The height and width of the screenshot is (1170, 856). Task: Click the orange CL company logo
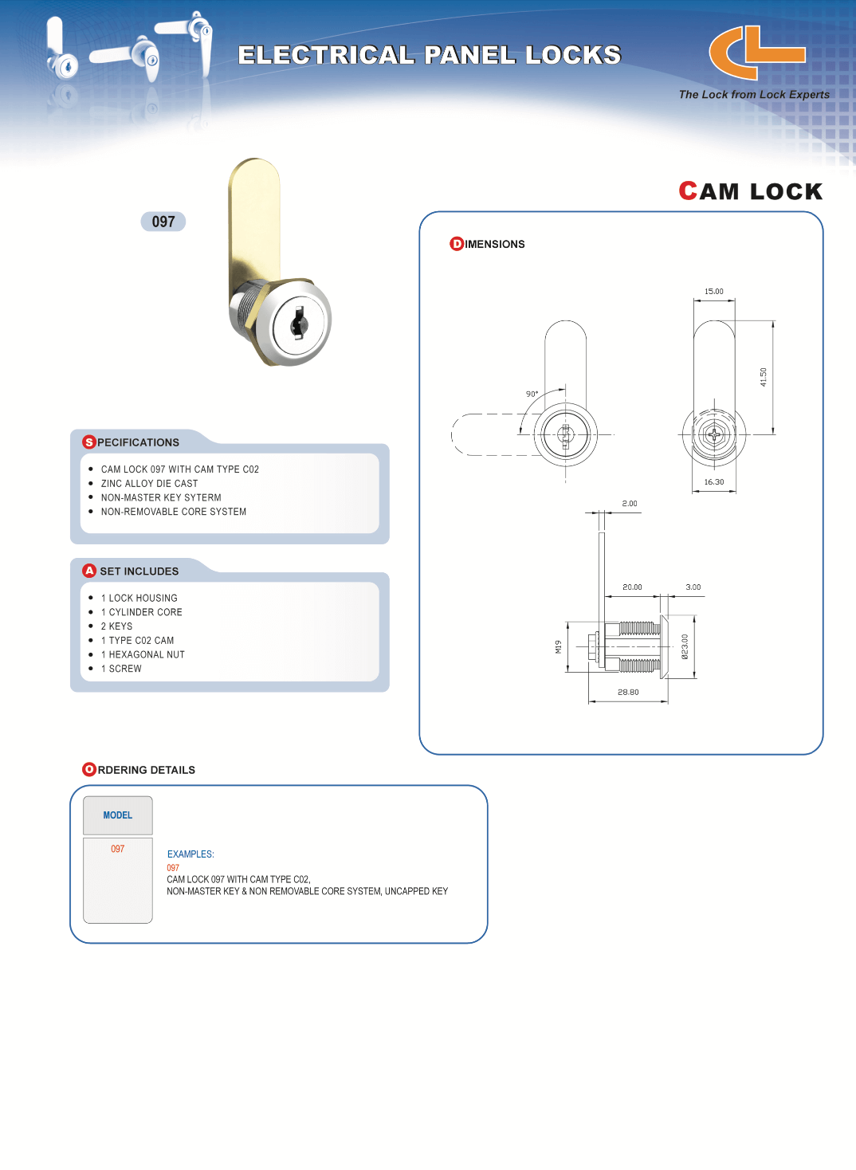click(x=756, y=53)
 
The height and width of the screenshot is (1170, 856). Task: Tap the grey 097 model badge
click(x=163, y=222)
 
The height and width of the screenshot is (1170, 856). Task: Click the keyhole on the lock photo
click(x=299, y=322)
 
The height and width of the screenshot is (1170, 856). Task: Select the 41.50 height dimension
click(x=763, y=377)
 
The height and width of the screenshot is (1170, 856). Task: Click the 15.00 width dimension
click(x=713, y=292)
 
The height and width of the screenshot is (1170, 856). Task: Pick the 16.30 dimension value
click(x=713, y=482)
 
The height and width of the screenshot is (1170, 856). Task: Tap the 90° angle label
click(x=532, y=394)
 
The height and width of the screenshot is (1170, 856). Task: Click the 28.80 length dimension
click(x=628, y=693)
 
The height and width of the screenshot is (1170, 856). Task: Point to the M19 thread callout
click(x=559, y=647)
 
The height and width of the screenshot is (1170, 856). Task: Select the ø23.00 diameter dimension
click(x=685, y=646)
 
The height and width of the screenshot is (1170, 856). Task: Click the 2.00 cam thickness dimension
click(x=630, y=504)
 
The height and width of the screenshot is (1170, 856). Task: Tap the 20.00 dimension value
click(x=632, y=587)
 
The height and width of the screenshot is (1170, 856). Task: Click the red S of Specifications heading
click(x=89, y=442)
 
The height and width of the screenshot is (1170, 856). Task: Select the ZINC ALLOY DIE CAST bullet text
click(x=149, y=484)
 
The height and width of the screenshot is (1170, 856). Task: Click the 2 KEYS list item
click(x=116, y=626)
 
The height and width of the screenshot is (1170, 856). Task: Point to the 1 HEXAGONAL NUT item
click(x=143, y=655)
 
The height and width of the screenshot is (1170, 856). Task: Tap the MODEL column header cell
click(x=118, y=815)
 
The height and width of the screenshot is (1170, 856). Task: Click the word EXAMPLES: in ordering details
click(x=190, y=854)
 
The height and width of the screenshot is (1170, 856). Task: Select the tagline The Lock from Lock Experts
click(x=754, y=95)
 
